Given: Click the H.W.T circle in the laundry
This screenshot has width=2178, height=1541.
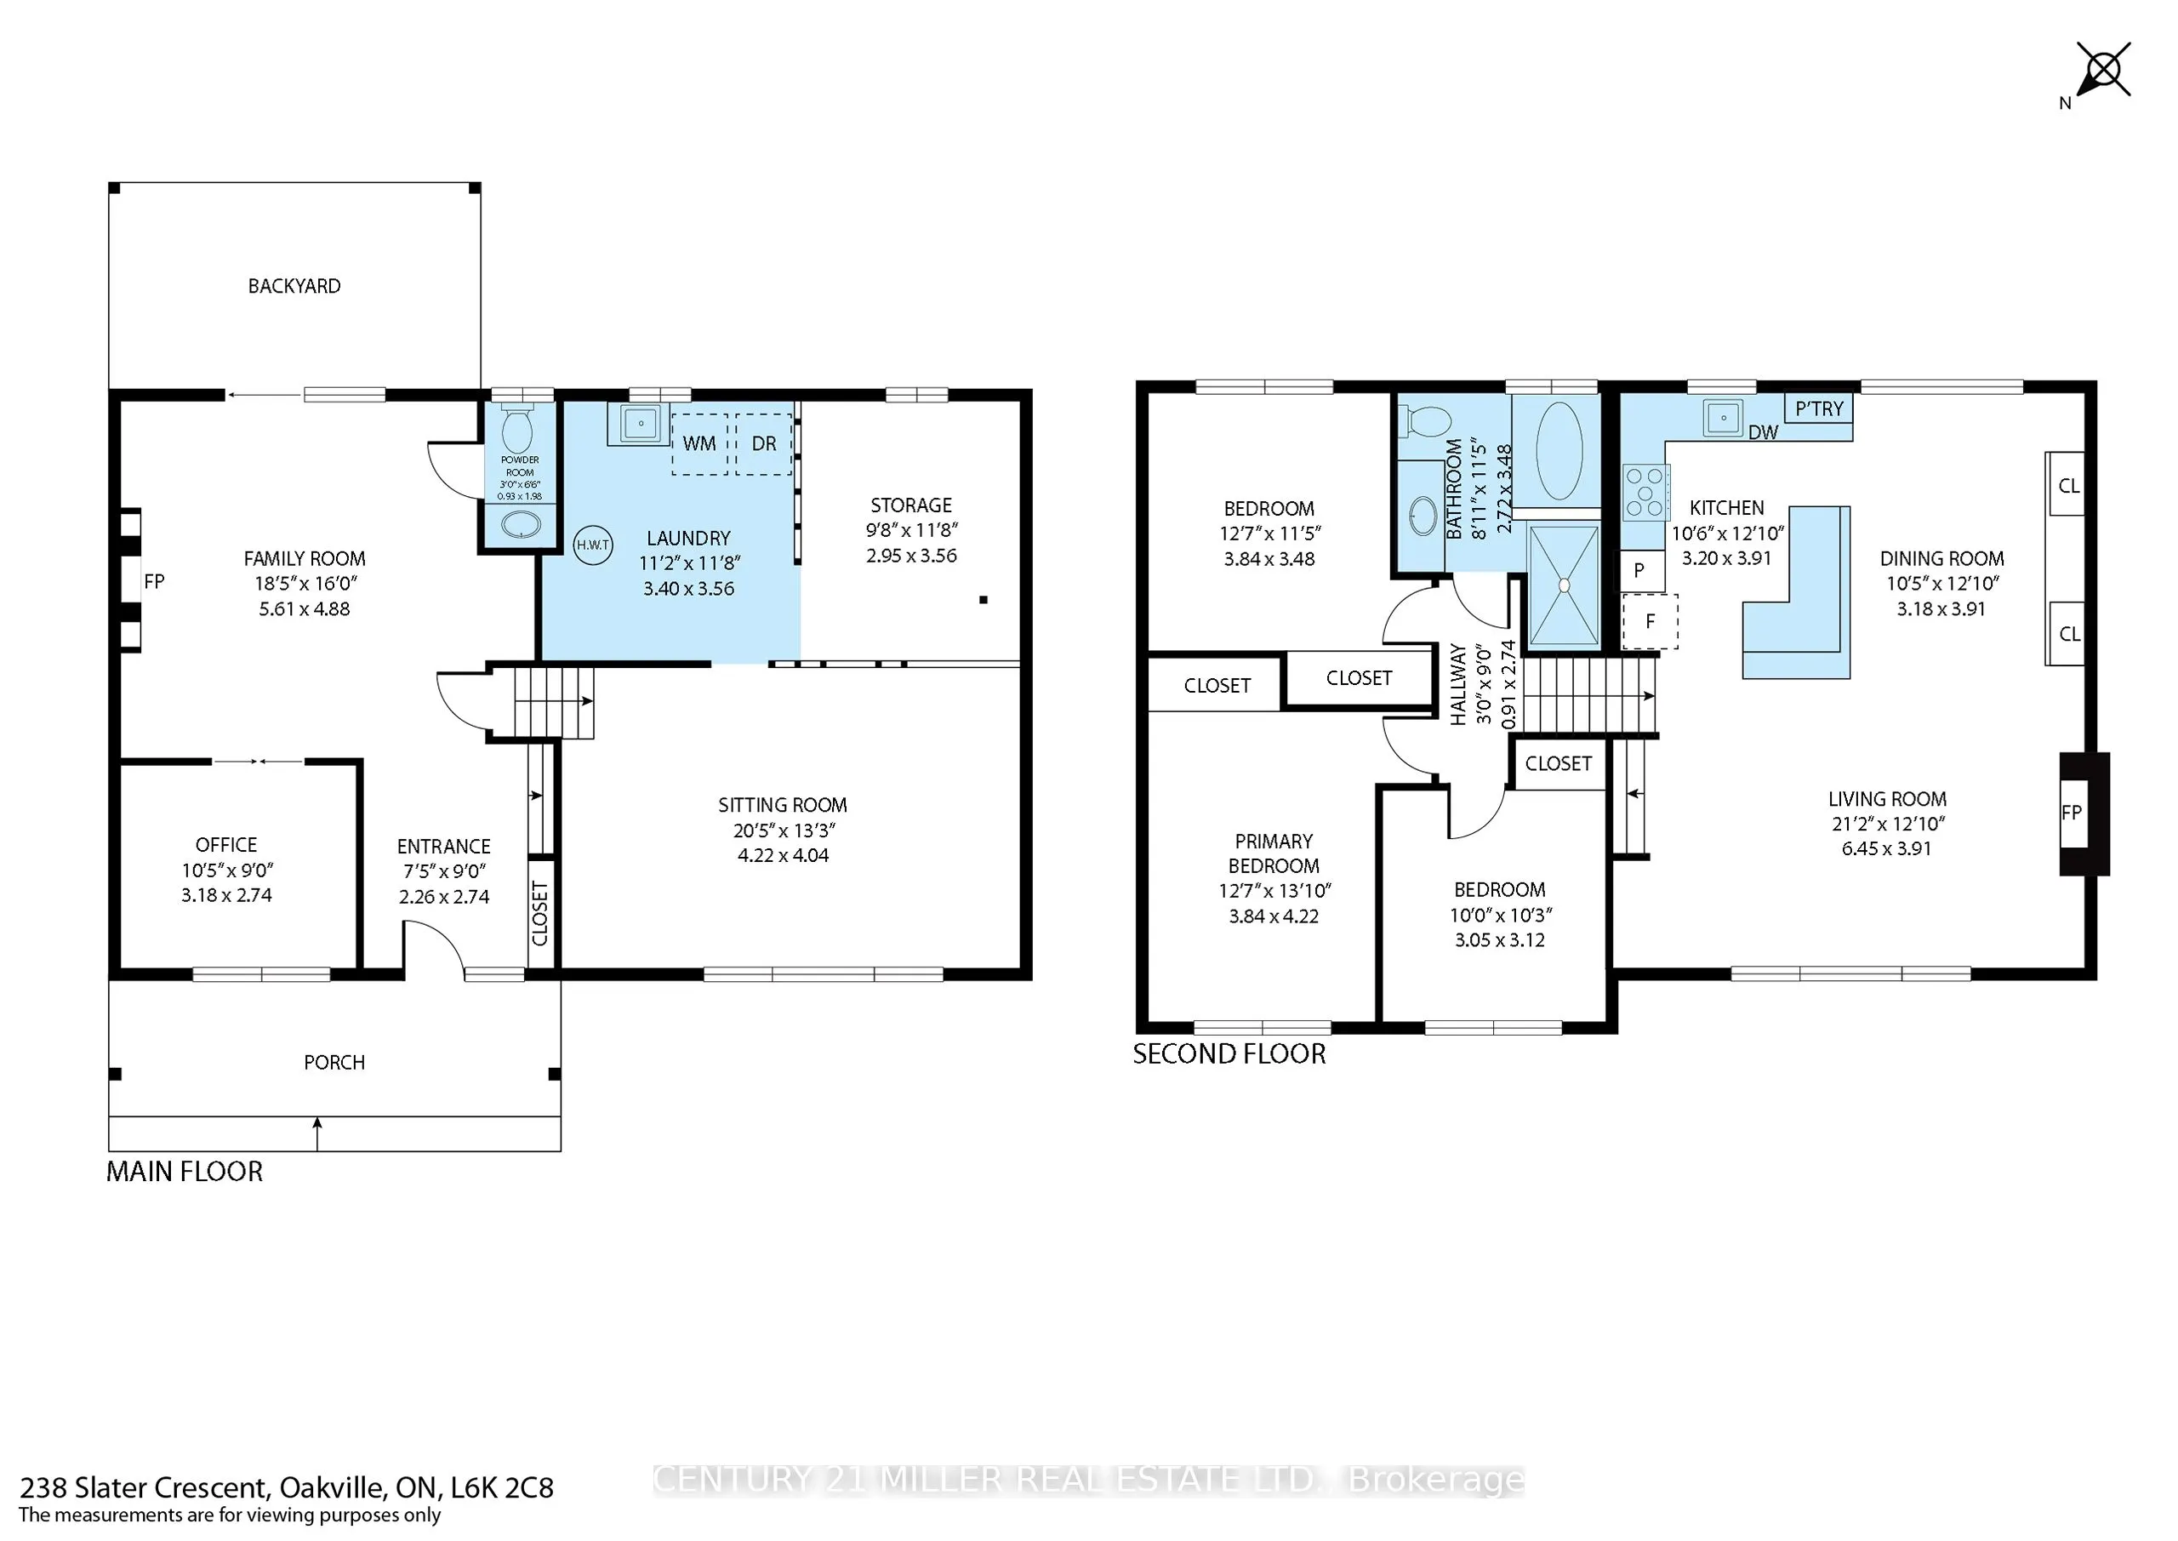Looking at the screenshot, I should (593, 545).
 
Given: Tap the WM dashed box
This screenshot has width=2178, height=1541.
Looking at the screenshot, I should (699, 443).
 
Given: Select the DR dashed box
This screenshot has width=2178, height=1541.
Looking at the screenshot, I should (764, 443).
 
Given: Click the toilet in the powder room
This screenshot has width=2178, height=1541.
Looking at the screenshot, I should (517, 431).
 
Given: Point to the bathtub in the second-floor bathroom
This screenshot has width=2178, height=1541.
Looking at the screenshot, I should (1559, 451).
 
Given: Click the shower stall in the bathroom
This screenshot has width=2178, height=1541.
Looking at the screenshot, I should (1563, 585).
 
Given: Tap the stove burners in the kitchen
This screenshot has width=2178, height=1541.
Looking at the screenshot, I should (1645, 493).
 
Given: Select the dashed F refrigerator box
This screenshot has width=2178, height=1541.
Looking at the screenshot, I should (1650, 621).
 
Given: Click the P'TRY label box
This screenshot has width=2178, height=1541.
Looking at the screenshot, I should (1818, 409).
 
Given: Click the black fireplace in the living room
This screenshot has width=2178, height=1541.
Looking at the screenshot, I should (2084, 813).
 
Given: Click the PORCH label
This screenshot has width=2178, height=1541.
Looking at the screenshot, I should (334, 1063).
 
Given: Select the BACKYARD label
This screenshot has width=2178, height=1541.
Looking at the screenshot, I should (294, 287).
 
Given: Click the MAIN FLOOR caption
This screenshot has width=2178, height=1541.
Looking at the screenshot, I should (184, 1172).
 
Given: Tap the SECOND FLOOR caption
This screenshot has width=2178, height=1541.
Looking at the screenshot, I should (1229, 1054).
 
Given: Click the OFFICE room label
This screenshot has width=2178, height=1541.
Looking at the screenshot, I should (225, 844).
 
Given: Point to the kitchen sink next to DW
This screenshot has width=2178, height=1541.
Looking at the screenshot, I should (1723, 418).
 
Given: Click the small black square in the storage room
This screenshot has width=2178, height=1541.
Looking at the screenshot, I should (983, 600).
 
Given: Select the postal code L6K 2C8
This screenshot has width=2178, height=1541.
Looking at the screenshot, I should (502, 1488).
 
